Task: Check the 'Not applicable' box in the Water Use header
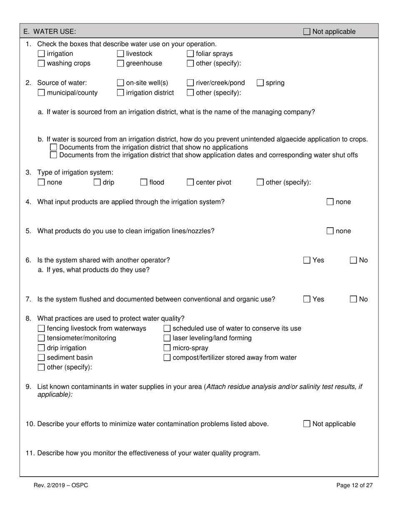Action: coord(307,32)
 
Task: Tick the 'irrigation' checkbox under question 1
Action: coord(41,54)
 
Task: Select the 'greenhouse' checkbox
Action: coord(120,64)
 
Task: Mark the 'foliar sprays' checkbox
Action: coord(190,54)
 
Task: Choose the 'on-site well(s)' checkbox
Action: coord(120,83)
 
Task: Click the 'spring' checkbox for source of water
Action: coord(260,83)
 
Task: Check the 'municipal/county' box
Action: coord(41,93)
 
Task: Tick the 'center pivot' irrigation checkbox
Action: coord(190,182)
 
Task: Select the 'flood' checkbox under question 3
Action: coord(144,182)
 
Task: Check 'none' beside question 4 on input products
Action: coord(330,202)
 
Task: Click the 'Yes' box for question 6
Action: coord(307,260)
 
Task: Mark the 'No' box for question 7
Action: coord(353,299)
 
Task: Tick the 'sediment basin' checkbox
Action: coord(41,358)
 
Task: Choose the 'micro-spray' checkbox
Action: coord(167,348)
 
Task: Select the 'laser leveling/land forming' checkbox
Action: coord(167,338)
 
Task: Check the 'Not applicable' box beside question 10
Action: coord(307,424)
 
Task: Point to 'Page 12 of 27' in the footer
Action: coord(354,485)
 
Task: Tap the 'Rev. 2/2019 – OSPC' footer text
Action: coord(61,485)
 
